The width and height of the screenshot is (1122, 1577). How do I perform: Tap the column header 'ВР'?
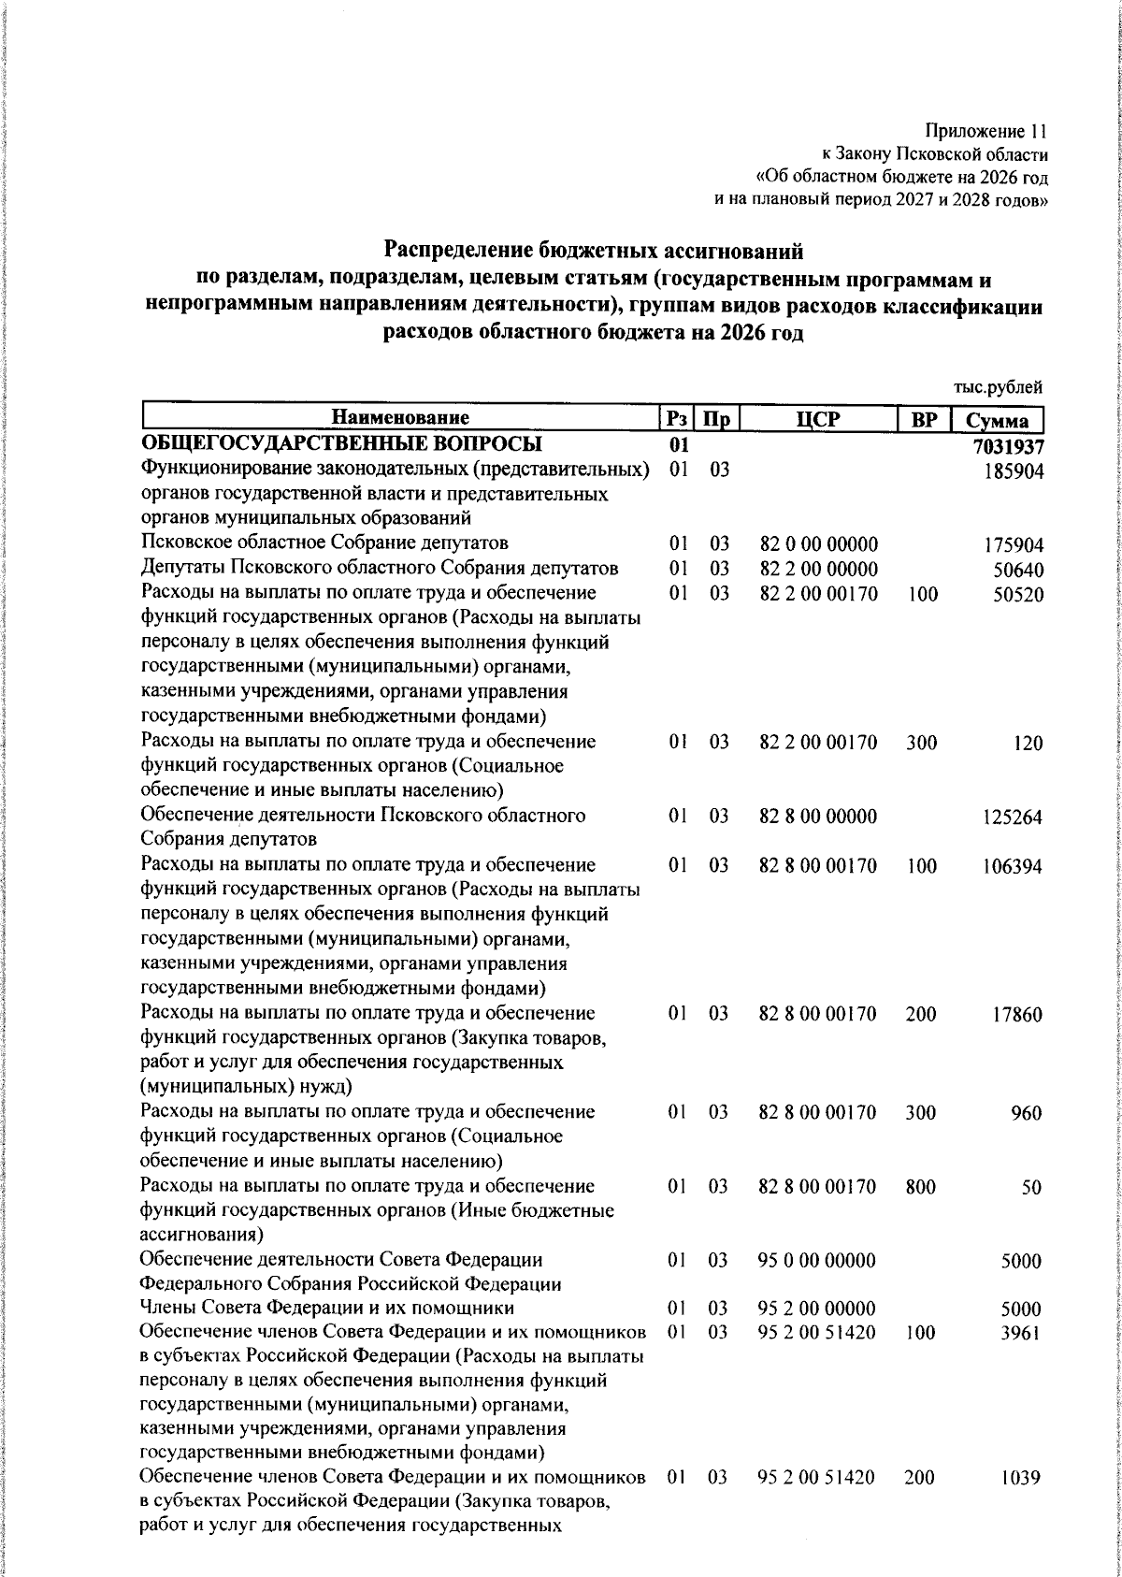[x=924, y=420]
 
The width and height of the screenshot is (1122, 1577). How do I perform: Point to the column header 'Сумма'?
[x=998, y=421]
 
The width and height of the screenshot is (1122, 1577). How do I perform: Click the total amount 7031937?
[x=1008, y=446]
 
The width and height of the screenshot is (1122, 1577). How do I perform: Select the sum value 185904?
[x=1014, y=470]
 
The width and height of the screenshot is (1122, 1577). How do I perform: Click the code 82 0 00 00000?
[x=818, y=544]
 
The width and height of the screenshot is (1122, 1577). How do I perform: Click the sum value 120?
[x=1028, y=744]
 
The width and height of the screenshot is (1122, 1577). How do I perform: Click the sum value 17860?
[x=1017, y=1015]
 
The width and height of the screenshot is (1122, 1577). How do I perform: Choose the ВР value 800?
[x=921, y=1187]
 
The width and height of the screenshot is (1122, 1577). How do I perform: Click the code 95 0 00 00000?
[x=817, y=1261]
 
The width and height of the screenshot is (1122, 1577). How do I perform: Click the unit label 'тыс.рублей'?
[x=997, y=387]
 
